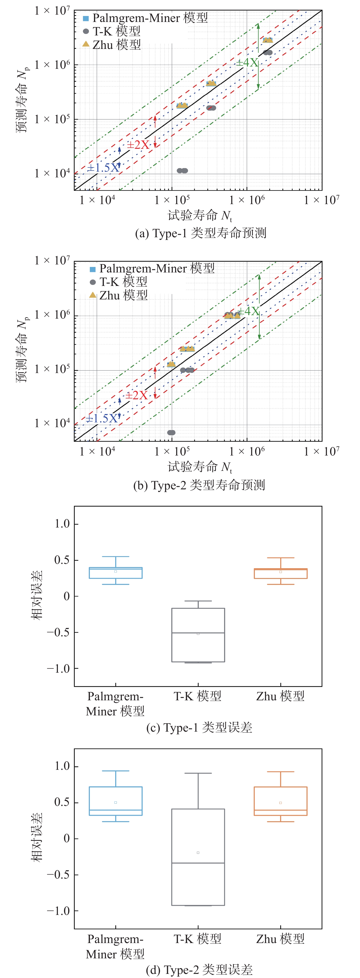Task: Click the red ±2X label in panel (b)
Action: tap(137, 396)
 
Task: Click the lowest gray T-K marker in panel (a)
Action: tap(182, 171)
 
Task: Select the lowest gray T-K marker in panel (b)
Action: tap(171, 432)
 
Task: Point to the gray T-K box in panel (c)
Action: tap(198, 635)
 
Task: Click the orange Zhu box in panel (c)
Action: tap(281, 573)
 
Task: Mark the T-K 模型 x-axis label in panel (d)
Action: tap(197, 939)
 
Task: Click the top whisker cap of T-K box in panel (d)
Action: tap(198, 773)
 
